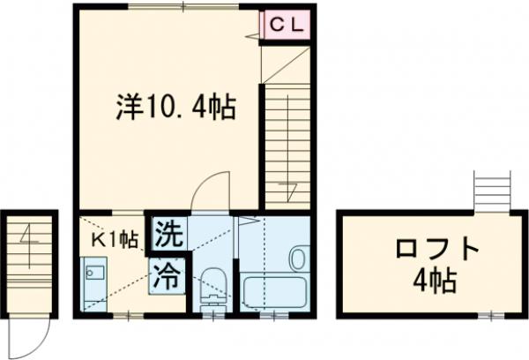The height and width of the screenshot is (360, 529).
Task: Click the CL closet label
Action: pyautogui.click(x=286, y=26)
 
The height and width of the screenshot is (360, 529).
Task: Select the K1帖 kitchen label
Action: pyautogui.click(x=114, y=237)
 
